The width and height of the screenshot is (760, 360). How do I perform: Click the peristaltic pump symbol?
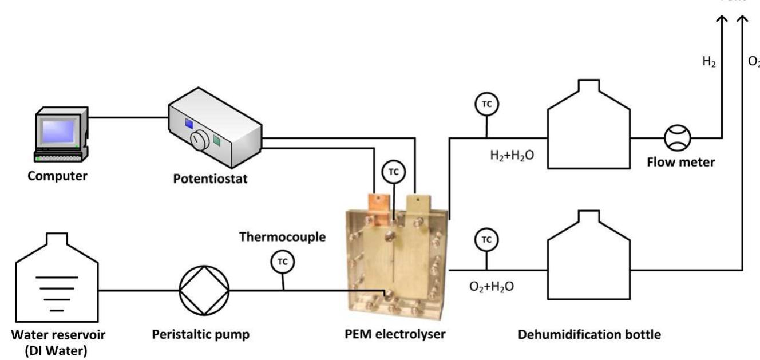pyautogui.click(x=204, y=290)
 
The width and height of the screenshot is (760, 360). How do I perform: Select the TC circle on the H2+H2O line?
pyautogui.click(x=486, y=104)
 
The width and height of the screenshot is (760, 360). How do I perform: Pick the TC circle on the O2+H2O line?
pyautogui.click(x=486, y=239)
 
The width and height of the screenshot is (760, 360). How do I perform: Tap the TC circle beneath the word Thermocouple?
pyautogui.click(x=282, y=262)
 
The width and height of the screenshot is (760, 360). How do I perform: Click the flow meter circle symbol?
pyautogui.click(x=677, y=138)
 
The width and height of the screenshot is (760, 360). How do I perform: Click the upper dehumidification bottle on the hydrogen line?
pyautogui.click(x=588, y=131)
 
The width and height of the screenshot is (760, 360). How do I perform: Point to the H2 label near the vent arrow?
pyautogui.click(x=709, y=62)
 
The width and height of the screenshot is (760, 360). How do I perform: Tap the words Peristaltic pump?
pyautogui.click(x=200, y=335)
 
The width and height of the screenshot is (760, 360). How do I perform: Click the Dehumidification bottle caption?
pyautogui.click(x=589, y=335)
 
